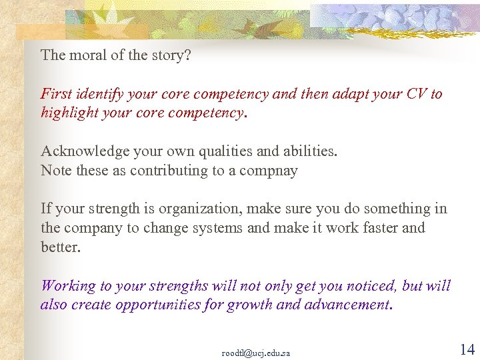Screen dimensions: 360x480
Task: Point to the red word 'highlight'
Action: (69, 113)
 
